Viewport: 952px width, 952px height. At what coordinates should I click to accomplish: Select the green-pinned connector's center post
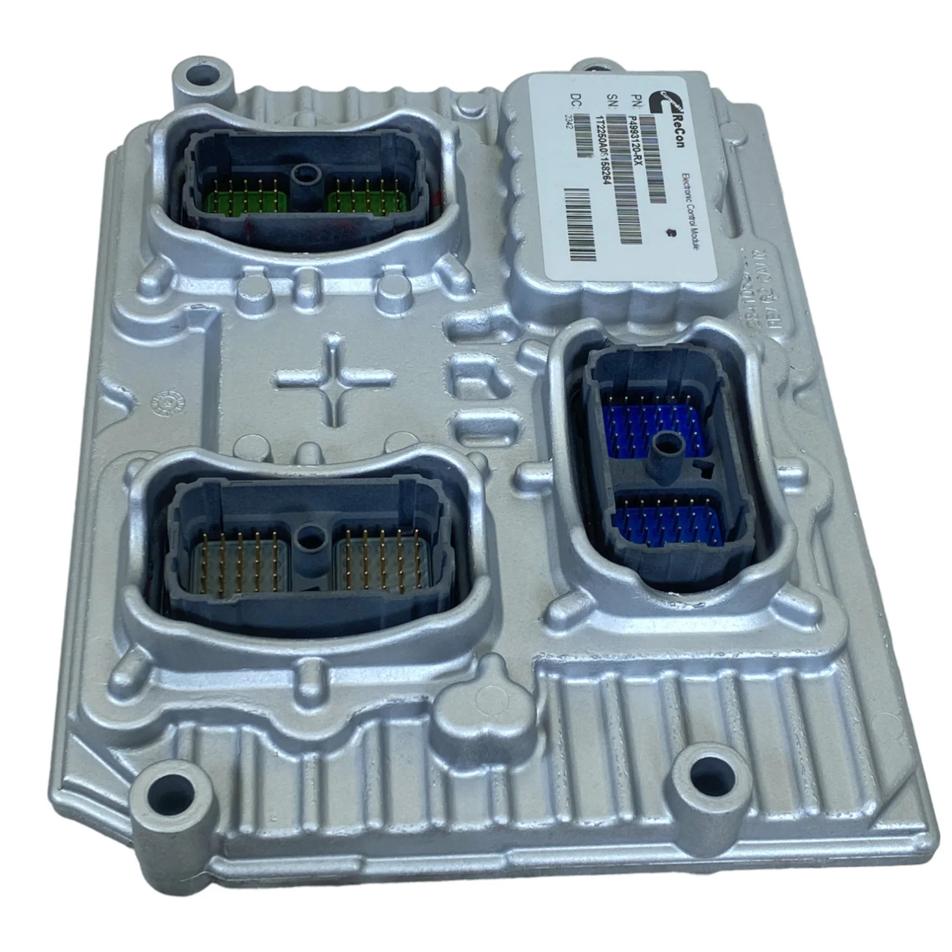304,175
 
